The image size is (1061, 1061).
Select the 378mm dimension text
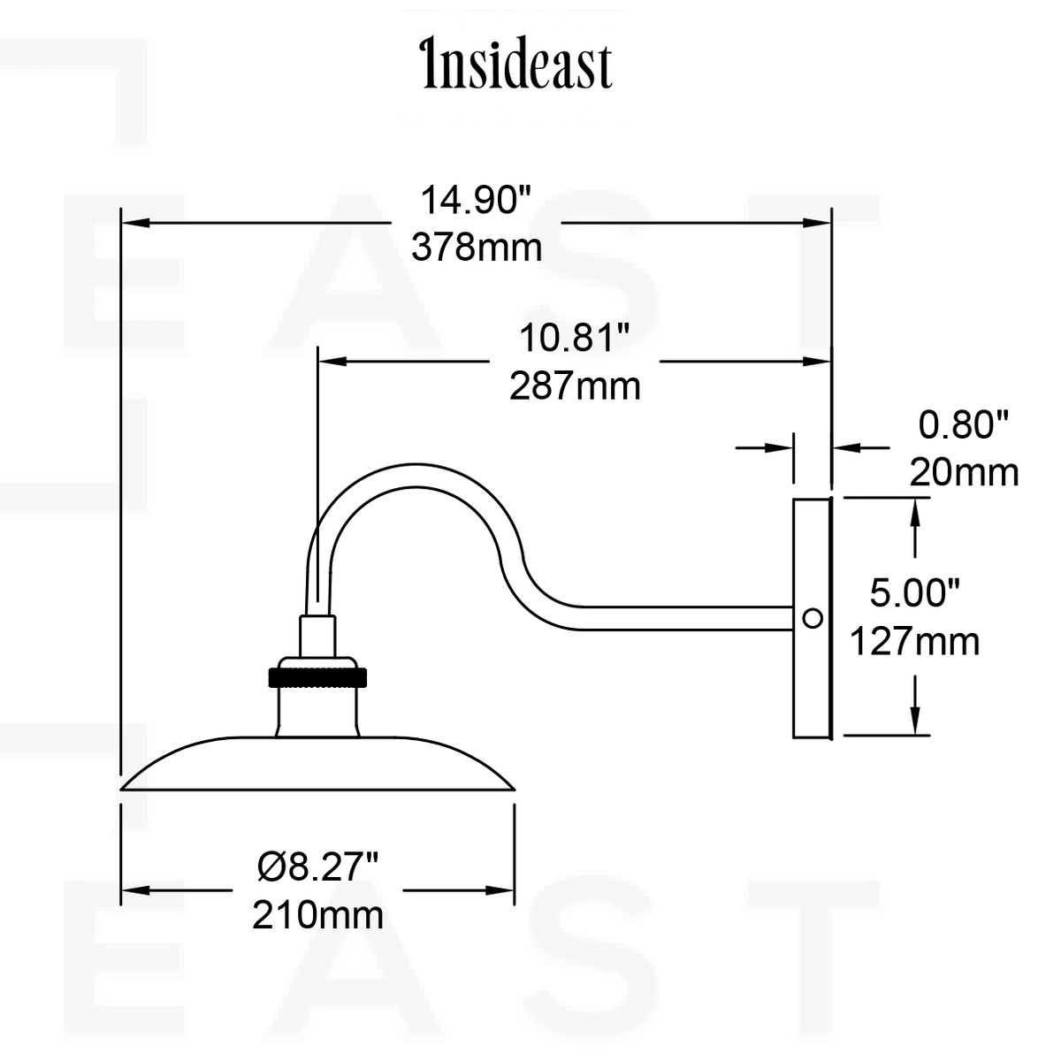477,248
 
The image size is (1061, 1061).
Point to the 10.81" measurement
575,338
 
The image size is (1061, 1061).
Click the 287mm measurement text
575,386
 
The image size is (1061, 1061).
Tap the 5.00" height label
915,593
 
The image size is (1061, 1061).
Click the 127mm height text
915,641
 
